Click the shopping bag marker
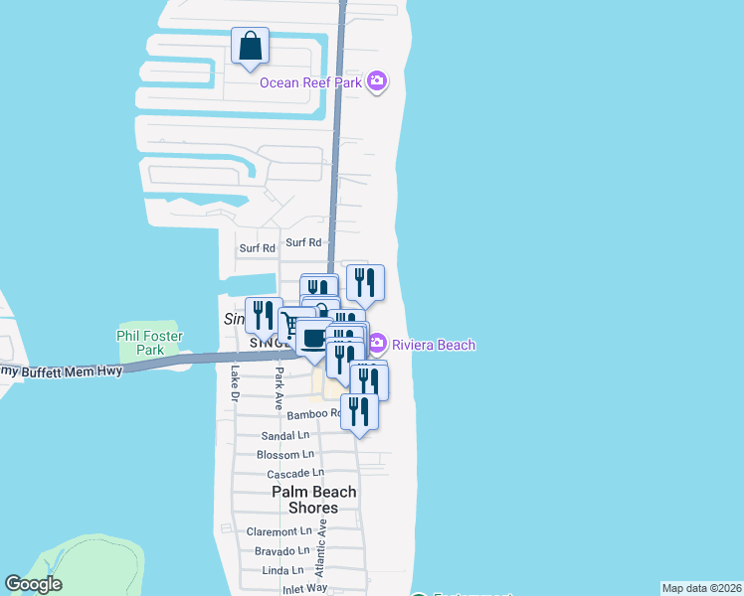pos(250,46)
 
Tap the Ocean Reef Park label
pos(310,81)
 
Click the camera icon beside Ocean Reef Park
pos(376,80)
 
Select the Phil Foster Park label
pos(150,342)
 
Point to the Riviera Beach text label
pos(433,345)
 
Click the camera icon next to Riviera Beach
pos(376,345)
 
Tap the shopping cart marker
pos(289,325)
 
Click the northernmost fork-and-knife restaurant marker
pos(365,282)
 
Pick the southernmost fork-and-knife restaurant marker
pos(359,411)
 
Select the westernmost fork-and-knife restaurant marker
pos(263,316)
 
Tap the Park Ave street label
pos(279,383)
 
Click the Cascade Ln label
pos(295,473)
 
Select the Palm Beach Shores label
pos(314,500)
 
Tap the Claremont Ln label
pos(279,531)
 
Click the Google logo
pos(33,584)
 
